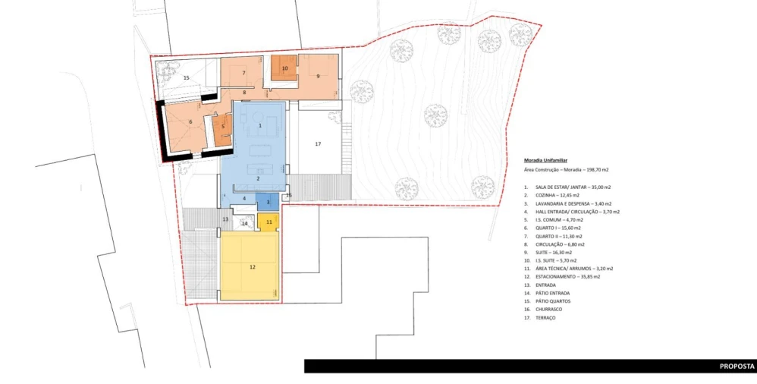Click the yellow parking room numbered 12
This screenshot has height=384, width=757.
coord(250,267)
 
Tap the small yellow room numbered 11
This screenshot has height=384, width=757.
coord(269,222)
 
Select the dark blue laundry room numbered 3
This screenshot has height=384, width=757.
coord(268,202)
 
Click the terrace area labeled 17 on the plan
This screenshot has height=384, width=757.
coord(318,144)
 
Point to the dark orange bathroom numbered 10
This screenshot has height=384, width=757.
coord(284,68)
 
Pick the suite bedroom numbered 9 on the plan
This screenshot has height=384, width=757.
coord(319,77)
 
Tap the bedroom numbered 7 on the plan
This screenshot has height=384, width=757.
coord(243,73)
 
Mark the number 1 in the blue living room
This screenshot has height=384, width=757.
coord(259,124)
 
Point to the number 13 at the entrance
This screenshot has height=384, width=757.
coord(225,219)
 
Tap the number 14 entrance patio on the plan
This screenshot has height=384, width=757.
coord(244,224)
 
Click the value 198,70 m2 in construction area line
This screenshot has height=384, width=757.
coord(595,171)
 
